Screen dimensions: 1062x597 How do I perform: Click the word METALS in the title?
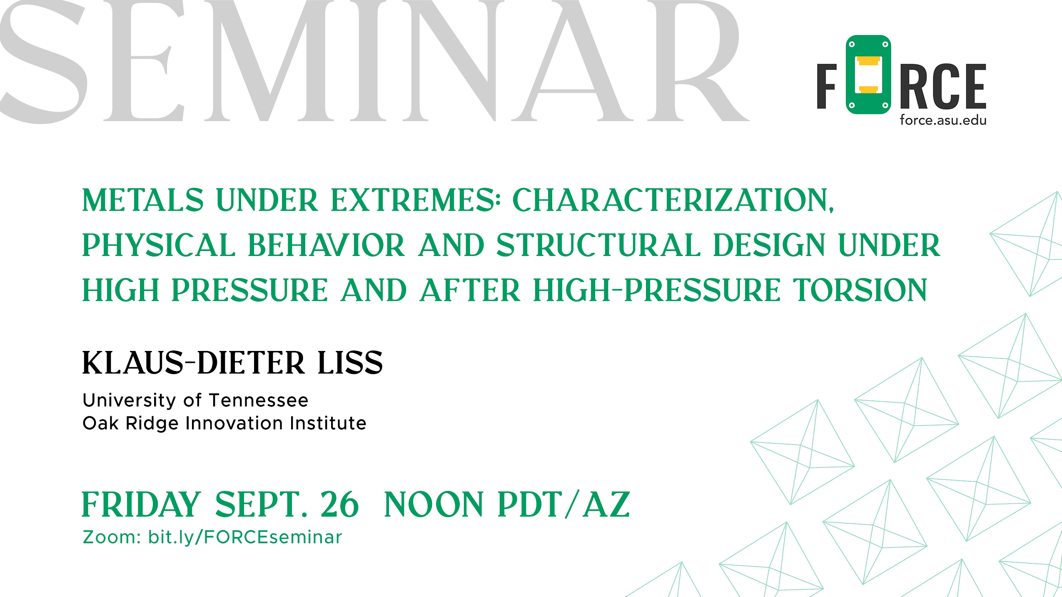tap(143, 200)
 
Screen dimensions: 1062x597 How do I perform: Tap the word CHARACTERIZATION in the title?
tap(673, 200)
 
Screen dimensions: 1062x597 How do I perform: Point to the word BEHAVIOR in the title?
tap(326, 245)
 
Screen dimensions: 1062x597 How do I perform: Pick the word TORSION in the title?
tap(860, 290)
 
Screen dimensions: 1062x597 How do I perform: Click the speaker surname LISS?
tap(350, 363)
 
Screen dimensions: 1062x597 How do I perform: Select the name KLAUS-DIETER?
tap(194, 363)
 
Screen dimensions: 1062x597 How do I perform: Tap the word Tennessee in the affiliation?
tap(259, 400)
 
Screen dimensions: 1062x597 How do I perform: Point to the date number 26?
tap(339, 504)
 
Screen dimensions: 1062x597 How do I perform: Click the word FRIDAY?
tap(141, 504)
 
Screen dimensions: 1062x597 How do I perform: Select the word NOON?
tap(434, 504)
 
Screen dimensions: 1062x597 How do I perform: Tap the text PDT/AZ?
tap(563, 504)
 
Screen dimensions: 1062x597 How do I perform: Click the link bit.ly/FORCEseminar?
tap(245, 537)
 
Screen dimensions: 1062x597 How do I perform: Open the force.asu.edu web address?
tap(943, 120)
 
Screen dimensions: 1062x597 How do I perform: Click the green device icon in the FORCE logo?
tap(868, 75)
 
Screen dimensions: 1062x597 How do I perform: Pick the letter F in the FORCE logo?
tap(827, 86)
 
